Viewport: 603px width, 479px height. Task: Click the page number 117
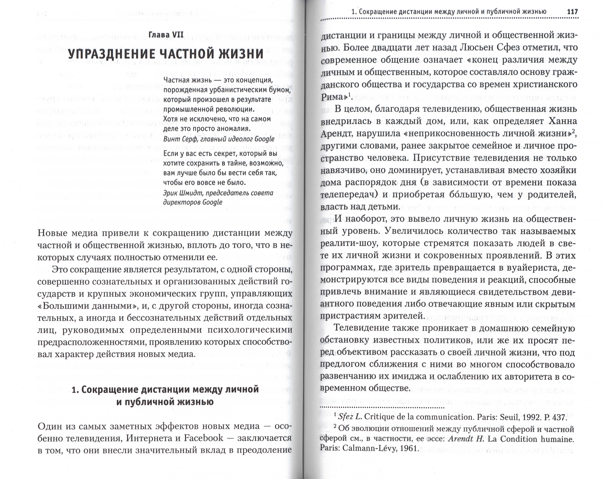[x=572, y=12]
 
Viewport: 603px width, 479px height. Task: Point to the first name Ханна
[x=562, y=121]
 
